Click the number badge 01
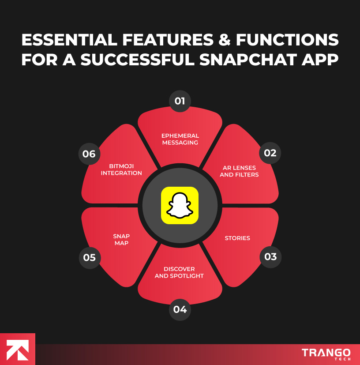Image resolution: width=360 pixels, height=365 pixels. tap(180, 101)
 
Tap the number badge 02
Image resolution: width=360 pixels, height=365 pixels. tap(270, 153)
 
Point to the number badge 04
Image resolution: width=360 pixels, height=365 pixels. tap(180, 309)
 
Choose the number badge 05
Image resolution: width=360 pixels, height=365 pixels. tap(90, 257)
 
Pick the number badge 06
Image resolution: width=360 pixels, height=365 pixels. tap(89, 154)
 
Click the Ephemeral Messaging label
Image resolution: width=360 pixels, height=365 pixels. tap(180, 139)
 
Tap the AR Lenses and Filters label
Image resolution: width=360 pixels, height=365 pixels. tap(239, 171)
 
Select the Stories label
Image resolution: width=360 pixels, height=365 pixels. tap(237, 238)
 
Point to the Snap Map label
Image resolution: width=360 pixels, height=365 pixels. tap(121, 240)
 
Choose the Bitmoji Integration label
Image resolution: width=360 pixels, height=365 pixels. tap(121, 169)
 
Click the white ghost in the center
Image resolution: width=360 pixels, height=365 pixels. tap(180, 206)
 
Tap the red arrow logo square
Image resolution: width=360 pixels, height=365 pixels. tap(17, 349)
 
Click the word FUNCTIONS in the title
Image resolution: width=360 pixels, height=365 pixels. tap(287, 40)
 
